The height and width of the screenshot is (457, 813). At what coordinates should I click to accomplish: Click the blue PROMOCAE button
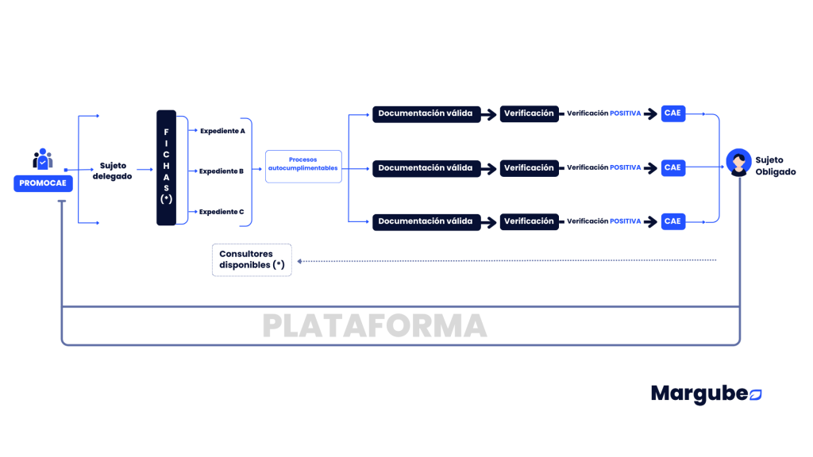[x=43, y=183]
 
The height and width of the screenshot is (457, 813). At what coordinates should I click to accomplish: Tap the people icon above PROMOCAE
[x=43, y=159]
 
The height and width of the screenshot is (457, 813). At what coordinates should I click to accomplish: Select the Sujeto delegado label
[x=113, y=171]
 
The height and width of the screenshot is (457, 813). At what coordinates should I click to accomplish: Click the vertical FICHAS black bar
[x=167, y=168]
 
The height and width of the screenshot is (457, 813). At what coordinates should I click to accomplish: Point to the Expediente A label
[x=222, y=131]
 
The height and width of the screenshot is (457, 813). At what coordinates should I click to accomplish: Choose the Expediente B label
[x=222, y=171]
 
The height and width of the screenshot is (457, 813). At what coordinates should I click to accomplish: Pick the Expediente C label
[x=222, y=212]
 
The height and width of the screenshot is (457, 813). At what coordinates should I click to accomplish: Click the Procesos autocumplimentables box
[x=303, y=167]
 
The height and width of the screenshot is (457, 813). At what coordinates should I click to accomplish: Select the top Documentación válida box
[x=426, y=113]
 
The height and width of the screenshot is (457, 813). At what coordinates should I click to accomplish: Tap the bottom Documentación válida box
[x=426, y=222]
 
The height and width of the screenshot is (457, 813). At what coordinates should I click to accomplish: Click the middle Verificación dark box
[x=530, y=168]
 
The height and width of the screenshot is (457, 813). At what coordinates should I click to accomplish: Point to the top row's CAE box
[x=673, y=113]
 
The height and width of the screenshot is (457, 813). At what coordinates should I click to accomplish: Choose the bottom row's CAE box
[x=673, y=222]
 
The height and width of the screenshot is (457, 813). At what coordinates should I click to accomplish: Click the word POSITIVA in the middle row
[x=626, y=167]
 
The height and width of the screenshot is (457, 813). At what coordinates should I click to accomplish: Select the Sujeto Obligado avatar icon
[x=739, y=163]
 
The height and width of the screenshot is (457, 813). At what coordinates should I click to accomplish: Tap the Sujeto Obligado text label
[x=775, y=166]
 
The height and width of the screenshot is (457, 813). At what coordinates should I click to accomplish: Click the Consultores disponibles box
[x=252, y=260]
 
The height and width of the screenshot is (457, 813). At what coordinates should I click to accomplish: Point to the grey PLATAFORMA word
[x=375, y=326]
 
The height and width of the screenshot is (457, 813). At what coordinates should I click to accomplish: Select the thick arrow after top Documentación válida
[x=489, y=114]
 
